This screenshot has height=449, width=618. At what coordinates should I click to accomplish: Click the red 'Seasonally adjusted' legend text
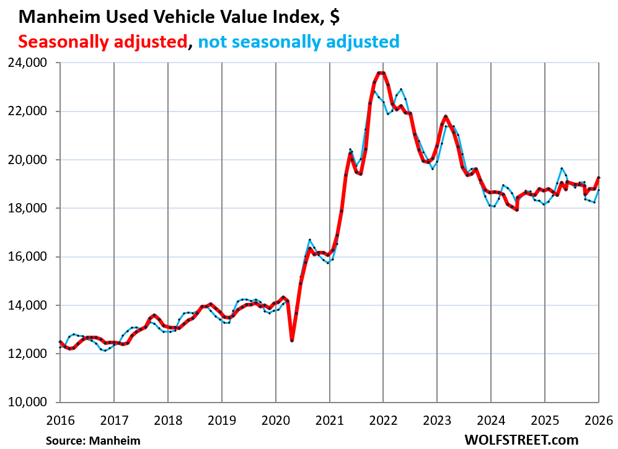(x=102, y=41)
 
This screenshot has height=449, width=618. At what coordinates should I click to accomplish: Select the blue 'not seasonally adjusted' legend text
(x=298, y=41)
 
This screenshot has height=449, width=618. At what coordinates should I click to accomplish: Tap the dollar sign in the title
(x=334, y=17)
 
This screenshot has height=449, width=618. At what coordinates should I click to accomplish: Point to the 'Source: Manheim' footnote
(x=92, y=440)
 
